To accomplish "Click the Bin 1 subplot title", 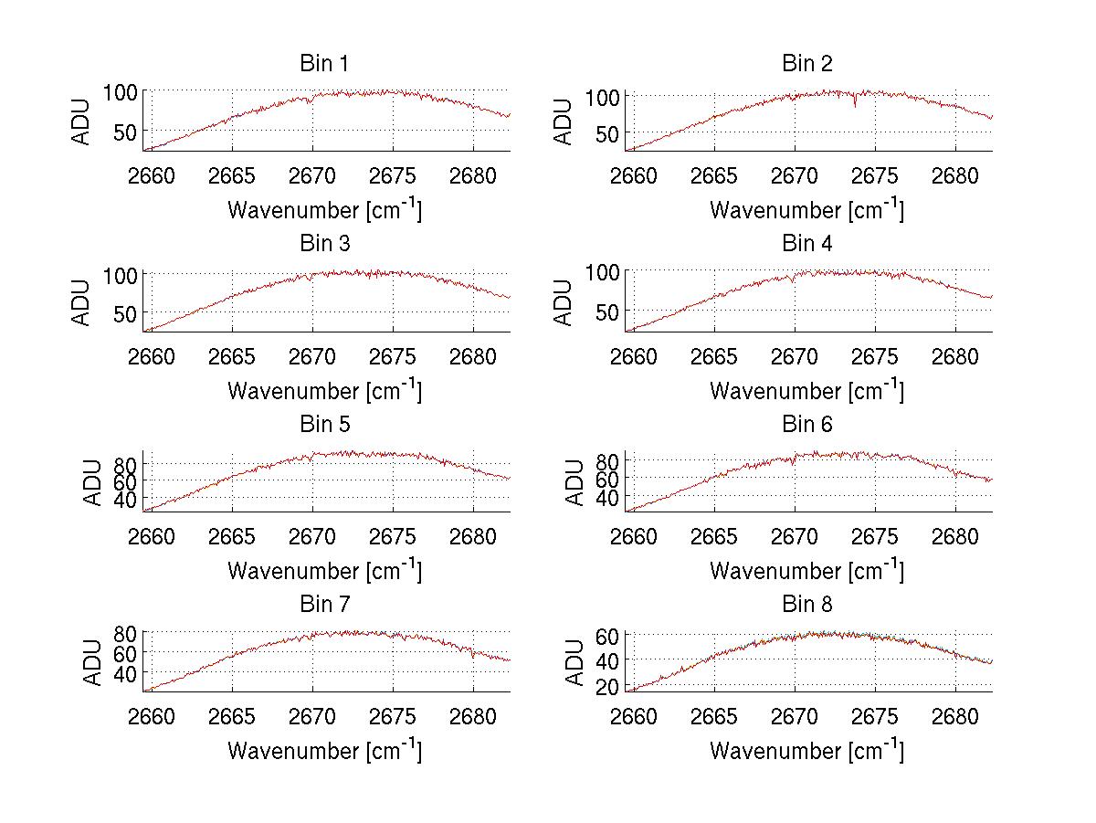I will pyautogui.click(x=323, y=64).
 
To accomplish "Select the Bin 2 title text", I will pyautogui.click(x=806, y=64).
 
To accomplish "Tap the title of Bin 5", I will pyautogui.click(x=323, y=425).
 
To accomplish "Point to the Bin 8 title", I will pyautogui.click(x=806, y=605).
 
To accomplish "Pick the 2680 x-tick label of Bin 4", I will pyautogui.click(x=955, y=357).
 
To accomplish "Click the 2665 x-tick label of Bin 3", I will pyautogui.click(x=232, y=357).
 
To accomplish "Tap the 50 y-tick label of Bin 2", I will pyautogui.click(x=609, y=134).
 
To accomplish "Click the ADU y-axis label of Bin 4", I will pyautogui.click(x=564, y=302).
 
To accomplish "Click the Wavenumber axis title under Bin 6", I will pyautogui.click(x=806, y=570).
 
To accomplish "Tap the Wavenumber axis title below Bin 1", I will pyautogui.click(x=324, y=209).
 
